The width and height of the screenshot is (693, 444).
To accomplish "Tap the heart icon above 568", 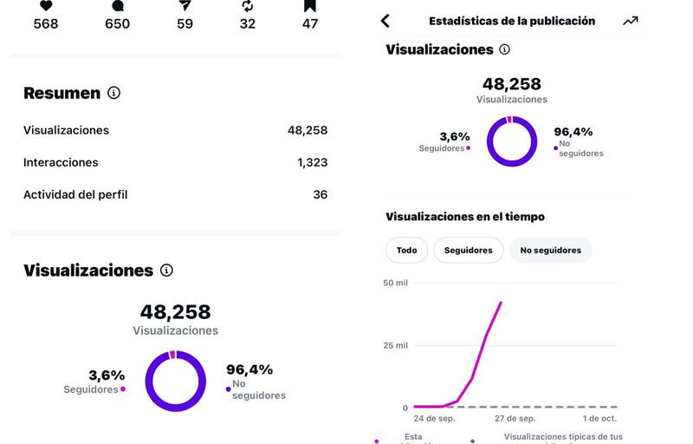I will pos(46,5).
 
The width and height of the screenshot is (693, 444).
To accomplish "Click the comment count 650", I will pos(117,24).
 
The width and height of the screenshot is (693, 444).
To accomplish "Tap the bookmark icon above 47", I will pos(310,5).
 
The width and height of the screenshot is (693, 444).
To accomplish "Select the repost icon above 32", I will pos(248,5).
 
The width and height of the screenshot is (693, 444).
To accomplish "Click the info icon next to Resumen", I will pos(113,93).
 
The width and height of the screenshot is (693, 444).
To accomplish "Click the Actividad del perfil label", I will pos(75,194).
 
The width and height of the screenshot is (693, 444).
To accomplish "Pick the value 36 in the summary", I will pos(320,194).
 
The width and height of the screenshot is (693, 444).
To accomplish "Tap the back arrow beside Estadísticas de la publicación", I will pos(385,21).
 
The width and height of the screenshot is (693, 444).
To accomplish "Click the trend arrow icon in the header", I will pos(630,21).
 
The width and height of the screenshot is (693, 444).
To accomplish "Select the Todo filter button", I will pos(406,250).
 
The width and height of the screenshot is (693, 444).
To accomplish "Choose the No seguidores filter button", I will pos(550,250).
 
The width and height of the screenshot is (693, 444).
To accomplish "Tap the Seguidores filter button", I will pos(468,250).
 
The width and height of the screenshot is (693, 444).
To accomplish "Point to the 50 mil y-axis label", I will pos(395,284).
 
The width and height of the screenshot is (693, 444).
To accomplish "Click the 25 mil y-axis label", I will pos(395,346).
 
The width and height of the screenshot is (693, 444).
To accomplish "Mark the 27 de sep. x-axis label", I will pos(516,418).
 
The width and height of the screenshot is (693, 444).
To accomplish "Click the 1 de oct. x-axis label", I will pos(599,418).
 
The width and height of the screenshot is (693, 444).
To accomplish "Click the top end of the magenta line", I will pos(501,303).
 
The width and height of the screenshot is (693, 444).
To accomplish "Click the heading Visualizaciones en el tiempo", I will pos(465,217).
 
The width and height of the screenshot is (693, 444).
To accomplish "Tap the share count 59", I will pos(185,24).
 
